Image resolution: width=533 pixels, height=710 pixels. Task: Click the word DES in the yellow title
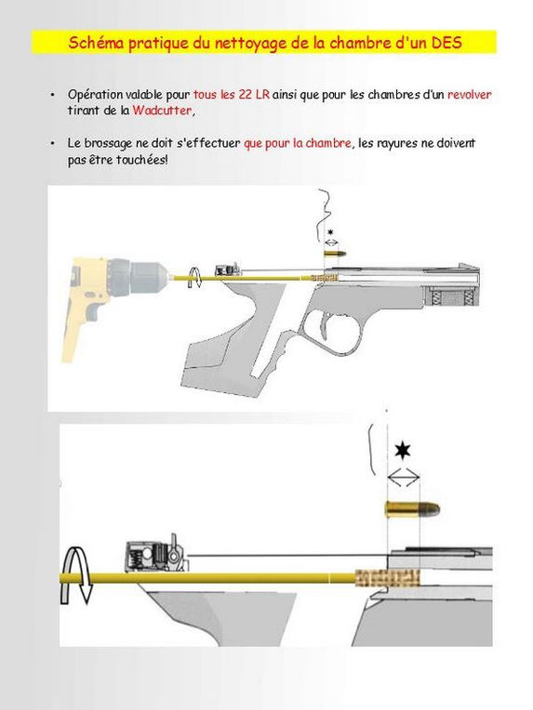point(446,43)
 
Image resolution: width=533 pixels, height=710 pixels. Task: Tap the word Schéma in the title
point(97,43)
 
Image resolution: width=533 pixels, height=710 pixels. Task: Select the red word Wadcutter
point(162,111)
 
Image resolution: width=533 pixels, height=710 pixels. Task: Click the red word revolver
point(470,95)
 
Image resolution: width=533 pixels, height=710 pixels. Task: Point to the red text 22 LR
point(254,95)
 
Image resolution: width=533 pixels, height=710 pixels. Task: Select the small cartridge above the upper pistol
point(335,253)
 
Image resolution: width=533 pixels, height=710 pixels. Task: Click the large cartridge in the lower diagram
point(412,508)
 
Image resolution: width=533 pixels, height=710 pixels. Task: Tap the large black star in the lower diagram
point(403,451)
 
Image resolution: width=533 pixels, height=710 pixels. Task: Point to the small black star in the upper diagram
point(330,232)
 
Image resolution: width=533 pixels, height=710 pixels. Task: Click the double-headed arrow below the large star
point(404,477)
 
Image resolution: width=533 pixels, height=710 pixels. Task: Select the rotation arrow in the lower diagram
point(77,575)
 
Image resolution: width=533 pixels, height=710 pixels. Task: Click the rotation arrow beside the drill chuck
point(195,277)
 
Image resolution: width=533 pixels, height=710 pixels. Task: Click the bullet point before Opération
point(53,95)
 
